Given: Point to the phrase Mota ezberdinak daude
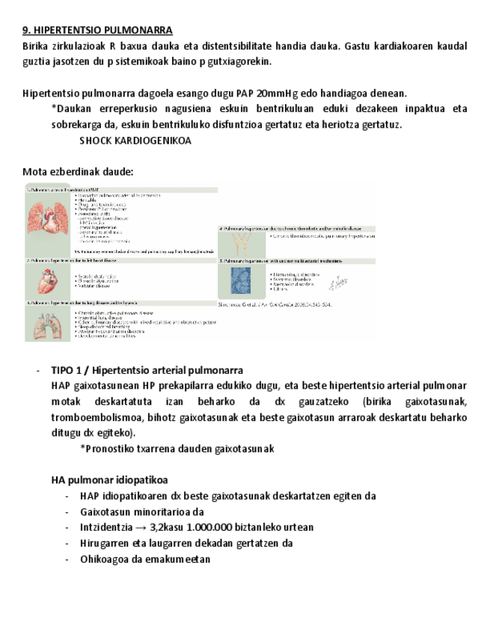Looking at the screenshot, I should [78, 171].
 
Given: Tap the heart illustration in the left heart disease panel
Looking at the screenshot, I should [49, 280].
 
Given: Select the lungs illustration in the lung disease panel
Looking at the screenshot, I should [49, 324].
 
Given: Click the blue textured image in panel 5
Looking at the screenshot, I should [241, 283].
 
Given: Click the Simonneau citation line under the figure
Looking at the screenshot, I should [274, 305].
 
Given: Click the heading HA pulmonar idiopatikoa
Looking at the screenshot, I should [109, 479].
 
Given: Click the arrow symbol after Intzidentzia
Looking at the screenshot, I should [141, 527].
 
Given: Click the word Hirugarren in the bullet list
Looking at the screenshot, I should [105, 544].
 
